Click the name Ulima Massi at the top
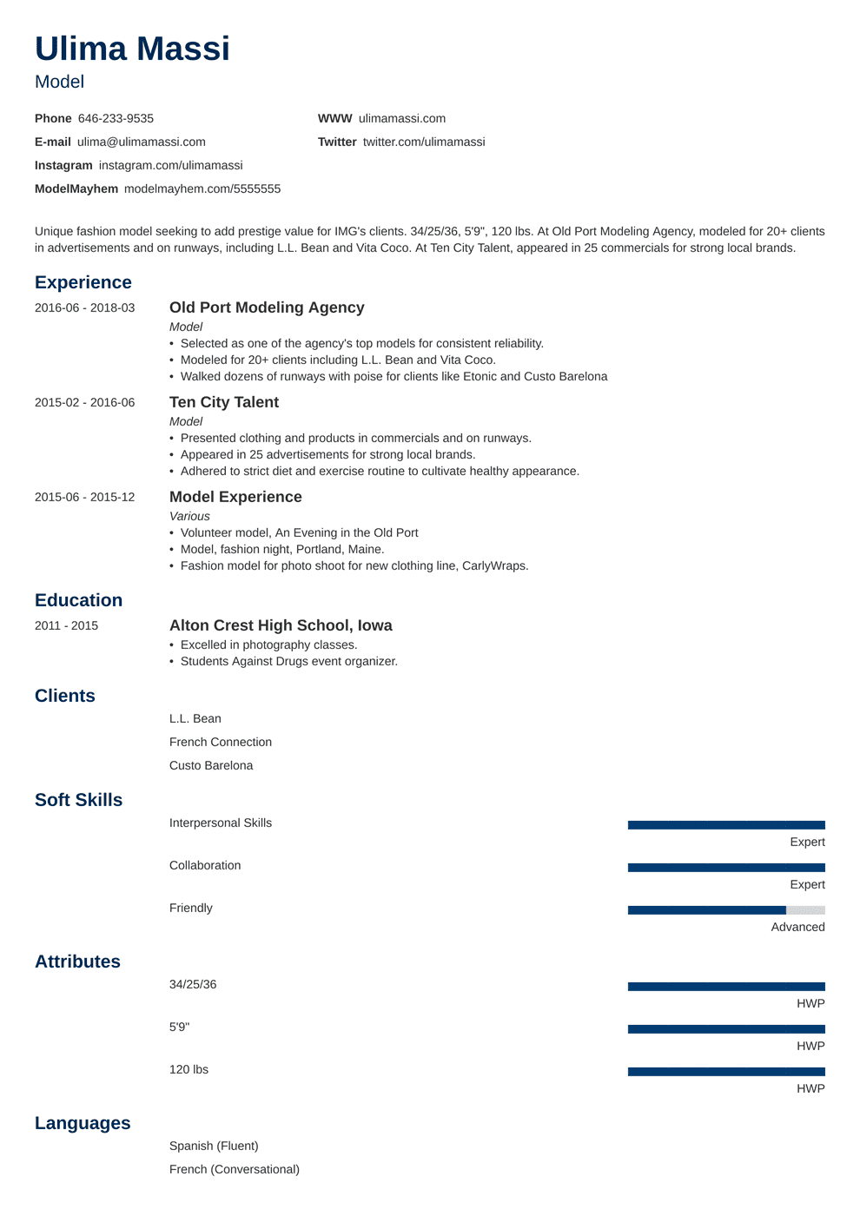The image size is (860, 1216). [x=132, y=49]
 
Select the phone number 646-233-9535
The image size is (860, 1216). [x=116, y=118]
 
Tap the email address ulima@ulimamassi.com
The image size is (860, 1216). [x=141, y=142]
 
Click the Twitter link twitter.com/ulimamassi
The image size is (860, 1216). [x=423, y=142]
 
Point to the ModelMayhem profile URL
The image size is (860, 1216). [x=202, y=188]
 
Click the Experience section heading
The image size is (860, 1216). [x=83, y=282]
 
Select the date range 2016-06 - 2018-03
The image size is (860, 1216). [x=84, y=307]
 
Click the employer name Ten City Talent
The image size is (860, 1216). [x=224, y=402]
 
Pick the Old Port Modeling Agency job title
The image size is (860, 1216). [x=186, y=327]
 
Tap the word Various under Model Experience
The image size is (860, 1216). [x=189, y=516]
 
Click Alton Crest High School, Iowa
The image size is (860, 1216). [x=281, y=625]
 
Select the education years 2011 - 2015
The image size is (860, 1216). [x=66, y=625]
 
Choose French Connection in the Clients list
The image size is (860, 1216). [x=221, y=742]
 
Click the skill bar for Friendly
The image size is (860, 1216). [x=726, y=910]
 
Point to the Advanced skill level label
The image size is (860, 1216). [x=797, y=927]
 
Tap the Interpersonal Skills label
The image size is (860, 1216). [x=221, y=823]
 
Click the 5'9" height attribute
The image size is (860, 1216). [x=179, y=1027]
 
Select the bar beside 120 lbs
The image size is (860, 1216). [x=726, y=1072]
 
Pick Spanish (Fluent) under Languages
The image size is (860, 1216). [x=214, y=1146]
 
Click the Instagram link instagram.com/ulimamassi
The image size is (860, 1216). [x=170, y=165]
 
